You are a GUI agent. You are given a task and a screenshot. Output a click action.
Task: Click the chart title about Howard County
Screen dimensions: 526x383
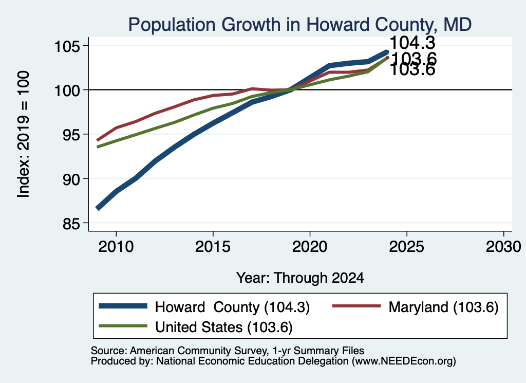(x=300, y=25)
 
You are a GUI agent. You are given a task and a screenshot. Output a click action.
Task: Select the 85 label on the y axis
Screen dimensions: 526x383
(x=71, y=224)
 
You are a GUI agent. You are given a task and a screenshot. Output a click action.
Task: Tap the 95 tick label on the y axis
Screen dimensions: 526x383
(x=71, y=135)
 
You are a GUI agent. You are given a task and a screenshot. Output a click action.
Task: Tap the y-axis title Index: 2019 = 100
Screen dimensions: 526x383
(x=23, y=134)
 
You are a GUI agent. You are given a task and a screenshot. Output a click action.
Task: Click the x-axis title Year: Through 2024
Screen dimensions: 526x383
(x=300, y=278)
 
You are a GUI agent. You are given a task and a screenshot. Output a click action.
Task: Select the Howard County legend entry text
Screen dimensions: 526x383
(x=232, y=307)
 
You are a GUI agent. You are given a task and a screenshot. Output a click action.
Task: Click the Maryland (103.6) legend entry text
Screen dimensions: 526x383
(x=443, y=307)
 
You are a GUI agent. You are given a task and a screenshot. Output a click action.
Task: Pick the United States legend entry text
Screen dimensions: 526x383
(x=224, y=327)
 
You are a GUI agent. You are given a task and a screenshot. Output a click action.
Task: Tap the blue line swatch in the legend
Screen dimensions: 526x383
(x=123, y=306)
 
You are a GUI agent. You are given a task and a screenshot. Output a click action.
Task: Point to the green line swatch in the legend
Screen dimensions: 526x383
(x=123, y=325)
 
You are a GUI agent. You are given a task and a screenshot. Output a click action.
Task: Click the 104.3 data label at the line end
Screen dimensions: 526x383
(x=412, y=43)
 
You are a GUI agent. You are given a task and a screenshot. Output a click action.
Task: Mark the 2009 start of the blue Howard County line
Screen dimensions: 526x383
(x=98, y=208)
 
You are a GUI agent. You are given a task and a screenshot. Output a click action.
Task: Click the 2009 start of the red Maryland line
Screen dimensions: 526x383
(x=98, y=140)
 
